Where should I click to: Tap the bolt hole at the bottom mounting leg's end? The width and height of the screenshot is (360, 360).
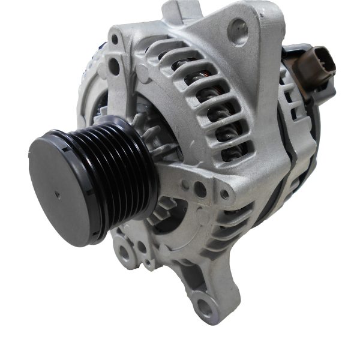[x=206, y=308]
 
